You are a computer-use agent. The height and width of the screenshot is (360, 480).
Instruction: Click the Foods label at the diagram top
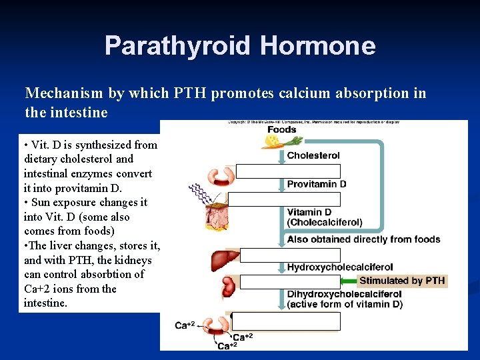(x=281, y=129)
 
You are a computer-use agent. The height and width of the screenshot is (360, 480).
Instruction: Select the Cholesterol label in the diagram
(x=313, y=155)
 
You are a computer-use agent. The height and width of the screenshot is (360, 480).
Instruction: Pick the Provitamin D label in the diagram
(x=317, y=184)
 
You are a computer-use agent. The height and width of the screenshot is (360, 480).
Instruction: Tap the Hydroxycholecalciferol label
(x=340, y=267)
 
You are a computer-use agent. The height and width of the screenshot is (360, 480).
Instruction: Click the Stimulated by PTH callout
(x=402, y=281)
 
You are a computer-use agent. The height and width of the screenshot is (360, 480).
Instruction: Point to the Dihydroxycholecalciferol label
(x=344, y=294)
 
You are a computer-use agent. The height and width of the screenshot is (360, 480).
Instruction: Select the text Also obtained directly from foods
(x=363, y=239)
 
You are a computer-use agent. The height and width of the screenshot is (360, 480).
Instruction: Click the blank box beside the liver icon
(x=289, y=255)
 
